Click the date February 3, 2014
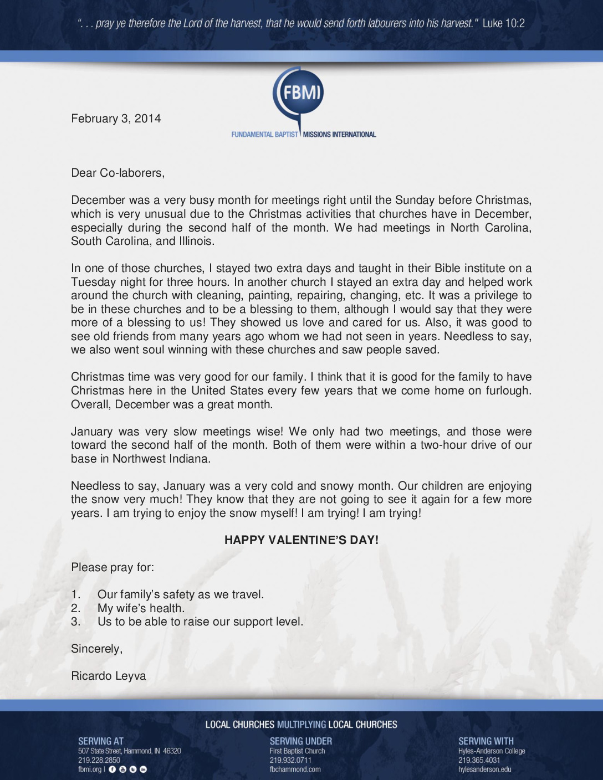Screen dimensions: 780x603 tap(116, 119)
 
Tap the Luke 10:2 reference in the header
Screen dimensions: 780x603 tap(503, 23)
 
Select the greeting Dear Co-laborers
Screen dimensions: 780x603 tap(117, 173)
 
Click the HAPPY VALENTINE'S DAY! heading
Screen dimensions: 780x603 tap(301, 540)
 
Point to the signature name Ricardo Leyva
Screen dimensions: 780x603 tap(109, 676)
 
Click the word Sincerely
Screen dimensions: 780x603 tap(96, 649)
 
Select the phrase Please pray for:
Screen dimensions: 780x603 tap(113, 567)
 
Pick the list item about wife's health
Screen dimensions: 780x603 tap(141, 608)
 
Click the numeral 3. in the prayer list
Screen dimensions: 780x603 tap(76, 622)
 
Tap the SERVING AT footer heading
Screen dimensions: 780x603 tap(101, 741)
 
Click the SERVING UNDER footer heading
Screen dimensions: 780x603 tap(301, 741)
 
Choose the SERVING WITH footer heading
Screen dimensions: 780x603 tap(486, 741)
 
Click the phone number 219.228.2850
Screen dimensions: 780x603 tap(99, 760)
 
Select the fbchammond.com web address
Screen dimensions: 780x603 tap(295, 769)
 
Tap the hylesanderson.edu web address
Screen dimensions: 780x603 tap(485, 769)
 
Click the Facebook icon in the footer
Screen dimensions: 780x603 tap(112, 769)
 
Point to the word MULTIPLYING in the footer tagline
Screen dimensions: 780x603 tap(301, 725)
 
